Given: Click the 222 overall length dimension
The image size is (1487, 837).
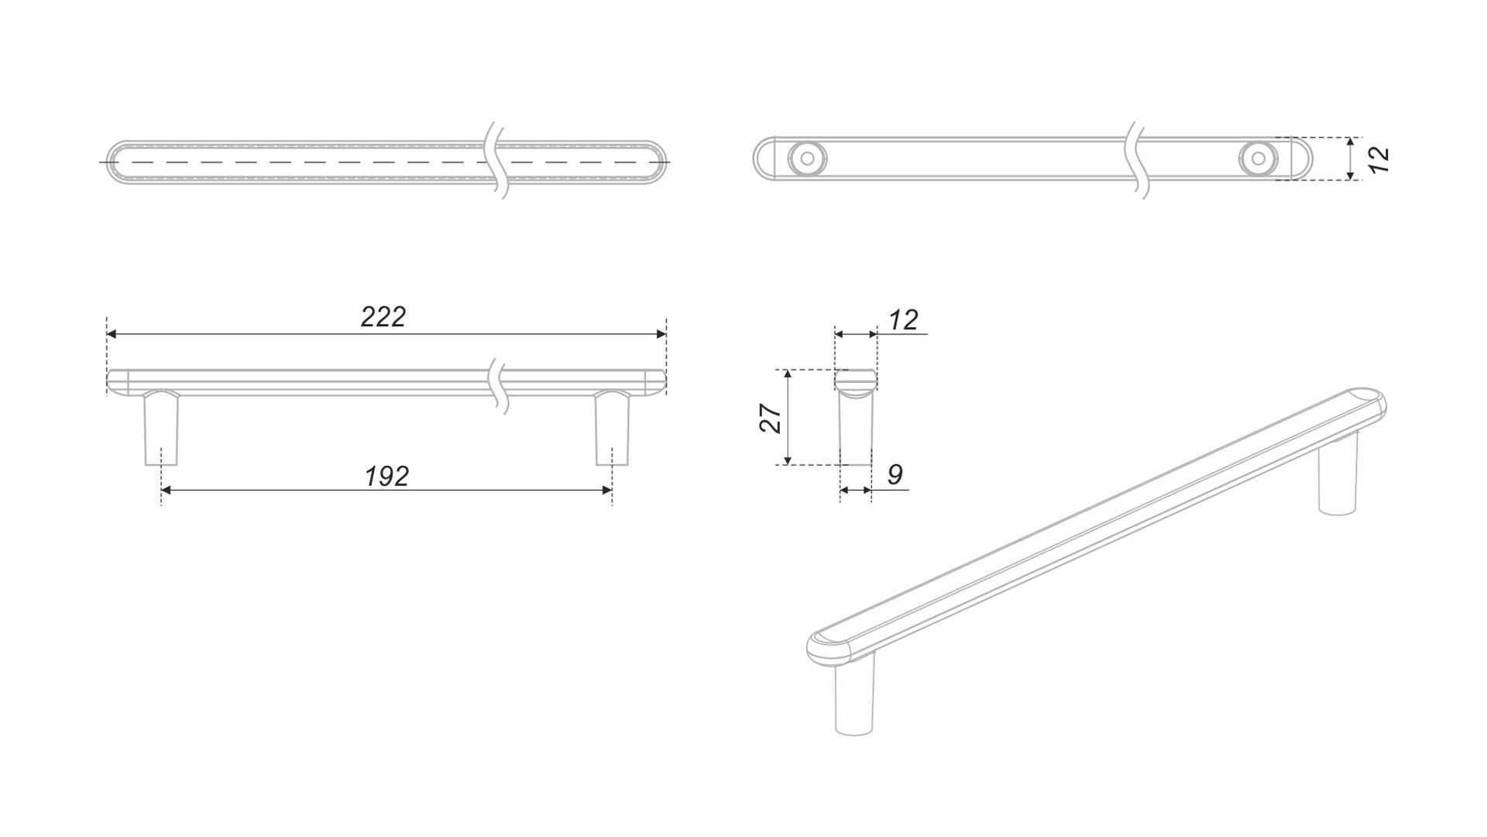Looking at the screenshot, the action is click(x=383, y=317).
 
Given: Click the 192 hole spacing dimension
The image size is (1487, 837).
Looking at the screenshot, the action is click(x=386, y=476).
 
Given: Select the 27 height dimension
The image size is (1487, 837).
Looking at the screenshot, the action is click(x=771, y=418).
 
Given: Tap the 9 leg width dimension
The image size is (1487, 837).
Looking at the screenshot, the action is click(x=895, y=474).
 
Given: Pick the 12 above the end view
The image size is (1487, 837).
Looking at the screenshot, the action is click(x=903, y=320).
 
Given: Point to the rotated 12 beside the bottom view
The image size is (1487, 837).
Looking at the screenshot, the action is click(x=1379, y=160).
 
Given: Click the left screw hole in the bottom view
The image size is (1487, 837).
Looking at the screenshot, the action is click(x=807, y=159).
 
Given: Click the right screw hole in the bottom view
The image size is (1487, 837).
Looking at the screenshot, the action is click(x=1258, y=159).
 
